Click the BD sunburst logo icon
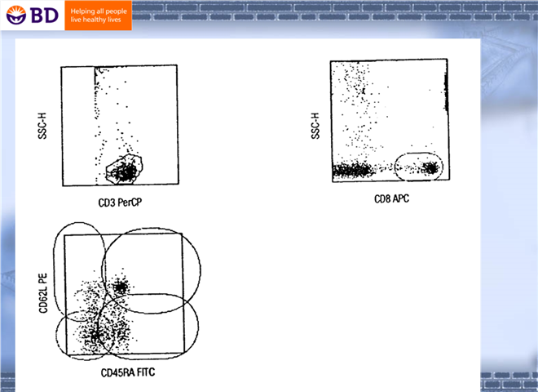pos(15,16)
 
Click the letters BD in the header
pos(44,16)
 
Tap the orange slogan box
pos(98,16)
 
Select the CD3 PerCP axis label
pos(120,203)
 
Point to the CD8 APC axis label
pos(391,198)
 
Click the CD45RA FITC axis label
pos(128,372)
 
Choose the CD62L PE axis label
pos(43,293)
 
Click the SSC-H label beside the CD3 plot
pos(42,126)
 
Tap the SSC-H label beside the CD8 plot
pos(315,126)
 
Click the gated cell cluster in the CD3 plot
pos(125,171)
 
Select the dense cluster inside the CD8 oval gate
pos(430,168)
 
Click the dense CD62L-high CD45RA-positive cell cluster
pos(120,287)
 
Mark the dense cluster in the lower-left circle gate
pos(95,335)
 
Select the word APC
pos(401,198)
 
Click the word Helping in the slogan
pos(82,11)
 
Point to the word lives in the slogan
pos(114,20)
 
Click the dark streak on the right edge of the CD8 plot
pos(446,92)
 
